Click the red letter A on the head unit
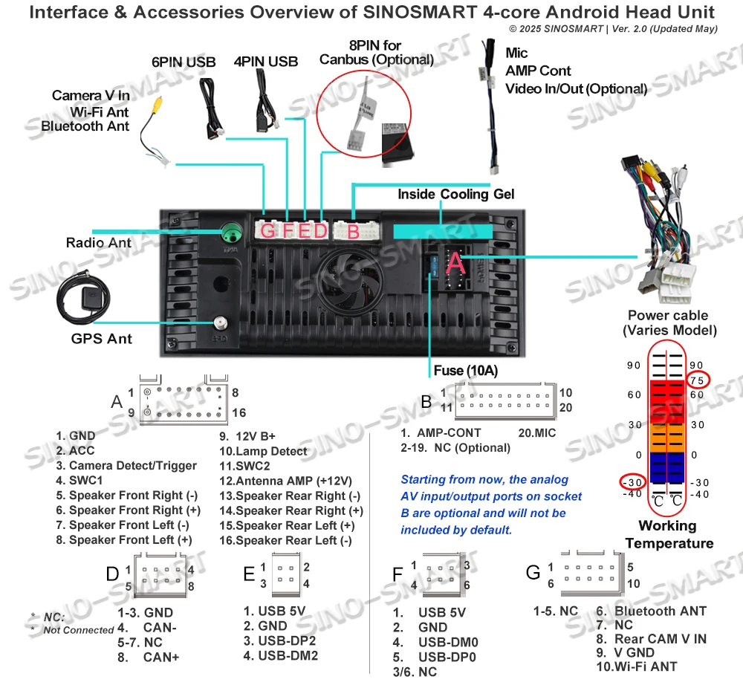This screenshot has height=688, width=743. [x=455, y=261]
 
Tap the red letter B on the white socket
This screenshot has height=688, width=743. [x=353, y=231]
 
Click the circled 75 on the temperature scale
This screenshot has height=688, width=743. [x=696, y=380]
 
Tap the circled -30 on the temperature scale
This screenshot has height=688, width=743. [x=633, y=481]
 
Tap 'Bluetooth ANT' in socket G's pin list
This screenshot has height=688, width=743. [x=660, y=611]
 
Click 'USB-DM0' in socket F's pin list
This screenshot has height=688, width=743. [x=447, y=642]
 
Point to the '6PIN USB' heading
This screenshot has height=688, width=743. [x=184, y=62]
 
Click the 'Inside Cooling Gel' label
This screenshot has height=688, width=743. [x=455, y=194]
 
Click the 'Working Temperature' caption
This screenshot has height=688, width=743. [x=667, y=534]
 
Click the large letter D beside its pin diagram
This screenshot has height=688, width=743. [x=112, y=573]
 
